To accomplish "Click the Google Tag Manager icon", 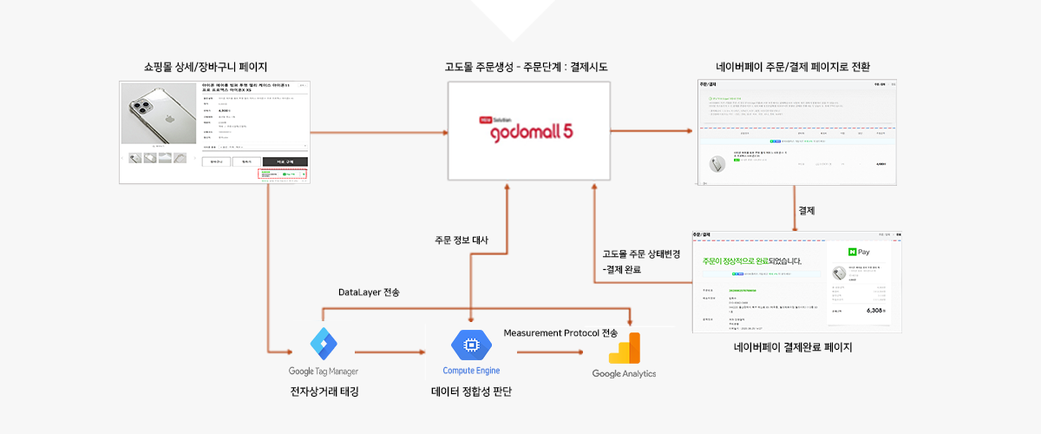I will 323,345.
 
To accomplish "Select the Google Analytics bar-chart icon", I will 624,349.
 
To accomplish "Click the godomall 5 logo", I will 529,131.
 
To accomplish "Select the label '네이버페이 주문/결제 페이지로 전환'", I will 793,67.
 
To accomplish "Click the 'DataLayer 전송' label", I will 369,293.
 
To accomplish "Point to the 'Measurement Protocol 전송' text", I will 560,332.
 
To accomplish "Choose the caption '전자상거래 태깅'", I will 324,391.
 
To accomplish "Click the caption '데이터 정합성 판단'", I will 471,391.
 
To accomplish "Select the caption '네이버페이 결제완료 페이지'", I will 793,348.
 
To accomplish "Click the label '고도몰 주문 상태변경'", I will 642,254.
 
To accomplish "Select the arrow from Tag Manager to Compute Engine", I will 390,352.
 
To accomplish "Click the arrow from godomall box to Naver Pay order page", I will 652,131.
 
